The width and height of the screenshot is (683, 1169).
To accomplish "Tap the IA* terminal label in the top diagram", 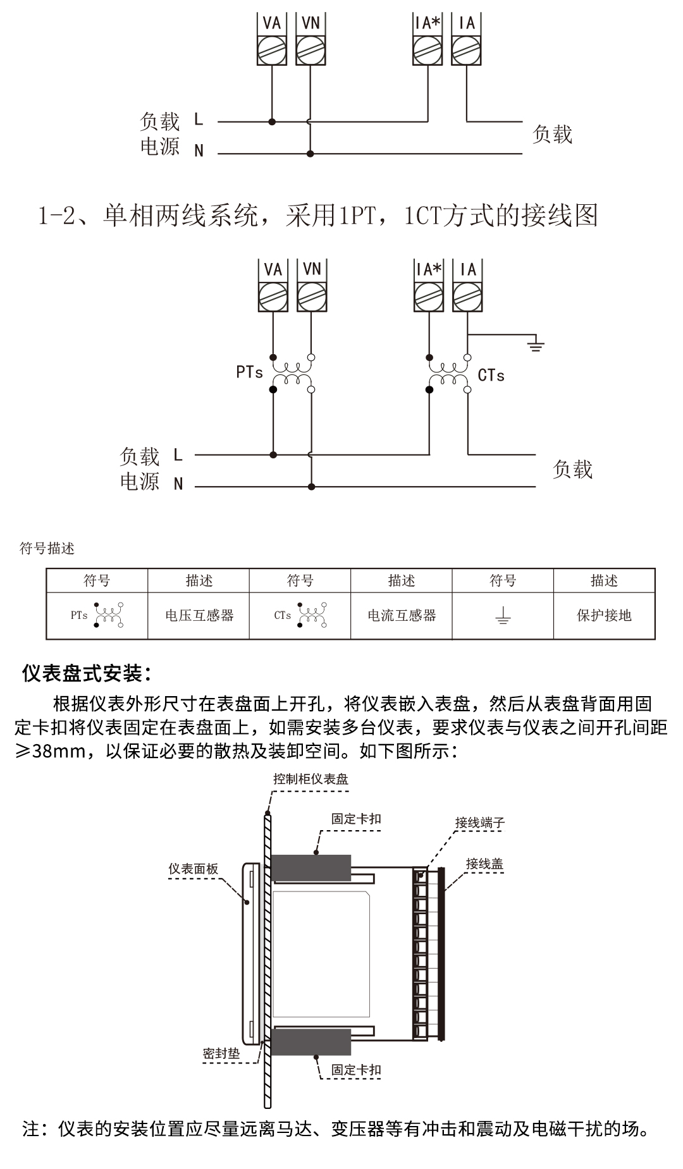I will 428,23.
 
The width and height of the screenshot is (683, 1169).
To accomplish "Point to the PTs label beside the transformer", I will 249,372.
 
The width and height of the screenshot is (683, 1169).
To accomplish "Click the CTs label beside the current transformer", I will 491,376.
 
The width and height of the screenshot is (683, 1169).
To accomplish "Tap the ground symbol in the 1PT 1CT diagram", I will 536,345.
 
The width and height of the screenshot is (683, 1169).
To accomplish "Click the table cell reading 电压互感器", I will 199,615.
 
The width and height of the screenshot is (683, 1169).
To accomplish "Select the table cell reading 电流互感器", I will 402,615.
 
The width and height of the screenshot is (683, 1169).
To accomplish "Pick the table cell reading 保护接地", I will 604,615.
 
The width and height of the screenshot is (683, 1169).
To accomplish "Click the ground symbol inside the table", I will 503,616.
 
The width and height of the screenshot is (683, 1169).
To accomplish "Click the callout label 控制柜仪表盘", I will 311,778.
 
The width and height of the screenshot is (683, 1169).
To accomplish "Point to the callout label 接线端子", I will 480,823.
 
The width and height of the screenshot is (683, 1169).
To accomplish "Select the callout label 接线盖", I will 484,864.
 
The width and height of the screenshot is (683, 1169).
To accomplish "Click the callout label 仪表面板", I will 193,869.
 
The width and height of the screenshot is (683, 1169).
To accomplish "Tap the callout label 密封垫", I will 221,1053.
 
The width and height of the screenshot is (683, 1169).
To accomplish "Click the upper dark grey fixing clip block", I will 311,867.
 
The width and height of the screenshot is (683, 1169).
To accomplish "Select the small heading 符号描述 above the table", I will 47,548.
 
